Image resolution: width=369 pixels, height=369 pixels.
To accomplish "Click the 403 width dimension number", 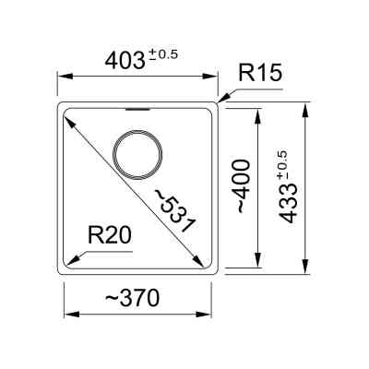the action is coord(125,61).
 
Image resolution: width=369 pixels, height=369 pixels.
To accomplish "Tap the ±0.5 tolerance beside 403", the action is coord(163,54).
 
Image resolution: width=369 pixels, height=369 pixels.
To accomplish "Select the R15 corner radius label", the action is coord(260,73).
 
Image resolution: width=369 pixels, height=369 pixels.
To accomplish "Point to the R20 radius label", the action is coord(110,235).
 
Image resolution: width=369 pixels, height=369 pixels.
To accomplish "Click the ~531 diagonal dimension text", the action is coord(174,210).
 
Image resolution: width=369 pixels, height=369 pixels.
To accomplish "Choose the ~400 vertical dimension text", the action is coord(243,186).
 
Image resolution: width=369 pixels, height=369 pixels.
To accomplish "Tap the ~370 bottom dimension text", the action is coord(133,298).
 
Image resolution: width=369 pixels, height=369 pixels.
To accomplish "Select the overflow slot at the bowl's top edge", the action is coord(137,109).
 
